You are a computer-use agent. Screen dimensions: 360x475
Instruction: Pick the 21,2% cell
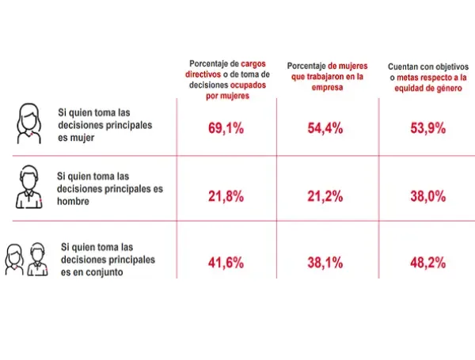[x=325, y=195]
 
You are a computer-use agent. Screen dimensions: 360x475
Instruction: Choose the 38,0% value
[x=426, y=195]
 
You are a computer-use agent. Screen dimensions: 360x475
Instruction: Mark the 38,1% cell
[x=325, y=262]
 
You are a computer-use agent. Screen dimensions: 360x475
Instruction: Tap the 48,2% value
[x=426, y=262]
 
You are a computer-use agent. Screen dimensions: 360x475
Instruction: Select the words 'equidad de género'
[x=427, y=89]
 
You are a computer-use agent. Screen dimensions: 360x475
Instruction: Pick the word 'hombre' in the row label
[x=74, y=201]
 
